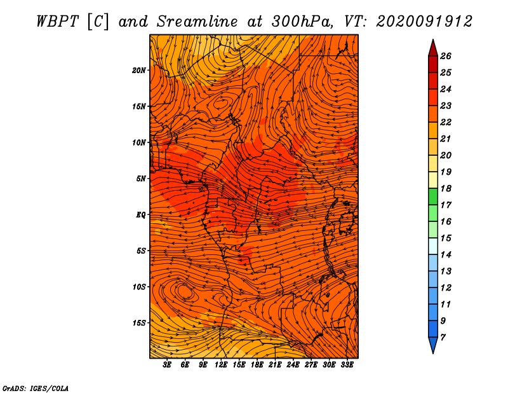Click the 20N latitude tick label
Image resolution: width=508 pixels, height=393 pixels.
pyautogui.click(x=138, y=71)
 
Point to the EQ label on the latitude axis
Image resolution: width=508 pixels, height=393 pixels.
pyautogui.click(x=140, y=215)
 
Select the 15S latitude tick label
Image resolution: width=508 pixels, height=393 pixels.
pyautogui.click(x=139, y=323)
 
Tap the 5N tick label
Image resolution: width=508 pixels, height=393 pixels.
pyautogui.click(x=141, y=179)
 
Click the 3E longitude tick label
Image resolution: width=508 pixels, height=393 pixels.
pyautogui.click(x=167, y=365)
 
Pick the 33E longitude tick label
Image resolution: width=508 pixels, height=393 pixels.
pyautogui.click(x=347, y=365)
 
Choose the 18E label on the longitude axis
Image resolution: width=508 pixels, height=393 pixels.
pyautogui.click(x=257, y=365)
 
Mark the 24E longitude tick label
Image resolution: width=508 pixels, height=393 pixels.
pyautogui.click(x=293, y=365)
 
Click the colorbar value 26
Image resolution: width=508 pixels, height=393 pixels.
pyautogui.click(x=446, y=56)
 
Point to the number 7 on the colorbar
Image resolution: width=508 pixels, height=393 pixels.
pyautogui.click(x=443, y=338)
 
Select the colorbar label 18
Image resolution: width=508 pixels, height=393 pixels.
pyautogui.click(x=446, y=188)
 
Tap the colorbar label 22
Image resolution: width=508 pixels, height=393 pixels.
pyautogui.click(x=446, y=122)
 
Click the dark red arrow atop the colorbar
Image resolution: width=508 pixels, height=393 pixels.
pyautogui.click(x=433, y=49)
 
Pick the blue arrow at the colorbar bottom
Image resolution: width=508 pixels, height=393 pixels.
pyautogui.click(x=433, y=344)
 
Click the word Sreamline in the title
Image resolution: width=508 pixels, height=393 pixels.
pyautogui.click(x=197, y=22)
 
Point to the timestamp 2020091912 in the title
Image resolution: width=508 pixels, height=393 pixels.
pyautogui.click(x=424, y=22)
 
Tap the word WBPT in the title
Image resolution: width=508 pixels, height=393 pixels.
pyautogui.click(x=57, y=22)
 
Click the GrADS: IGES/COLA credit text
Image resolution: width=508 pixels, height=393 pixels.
pyautogui.click(x=36, y=389)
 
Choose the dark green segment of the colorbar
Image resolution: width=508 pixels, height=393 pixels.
pyautogui.click(x=433, y=197)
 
